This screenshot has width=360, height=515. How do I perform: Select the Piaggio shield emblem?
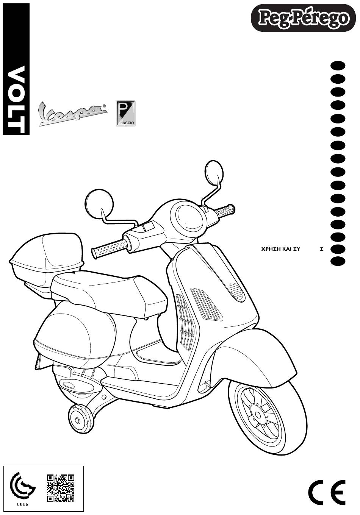125,113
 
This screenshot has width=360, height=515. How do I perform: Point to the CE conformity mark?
326,492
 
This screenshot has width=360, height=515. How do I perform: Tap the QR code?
60,488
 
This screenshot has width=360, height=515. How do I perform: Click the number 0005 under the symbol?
23,504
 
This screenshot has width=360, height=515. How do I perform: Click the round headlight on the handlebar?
186,216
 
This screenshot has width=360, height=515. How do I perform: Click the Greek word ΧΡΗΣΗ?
268,249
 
